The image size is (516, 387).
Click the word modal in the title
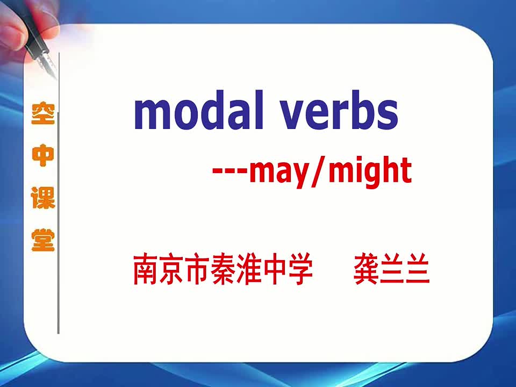click(x=199, y=110)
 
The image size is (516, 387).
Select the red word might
click(x=370, y=171)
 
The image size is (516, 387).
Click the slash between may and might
click(x=319, y=172)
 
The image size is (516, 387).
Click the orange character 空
click(x=43, y=113)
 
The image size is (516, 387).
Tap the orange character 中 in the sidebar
click(x=43, y=155)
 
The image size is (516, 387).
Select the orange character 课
click(x=43, y=197)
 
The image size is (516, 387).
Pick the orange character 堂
click(x=43, y=240)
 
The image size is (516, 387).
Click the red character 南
click(x=145, y=268)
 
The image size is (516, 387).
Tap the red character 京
click(x=171, y=268)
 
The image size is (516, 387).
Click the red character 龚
click(x=365, y=268)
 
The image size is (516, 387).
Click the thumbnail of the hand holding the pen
click(x=30, y=36)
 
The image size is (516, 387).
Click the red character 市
click(x=197, y=268)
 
